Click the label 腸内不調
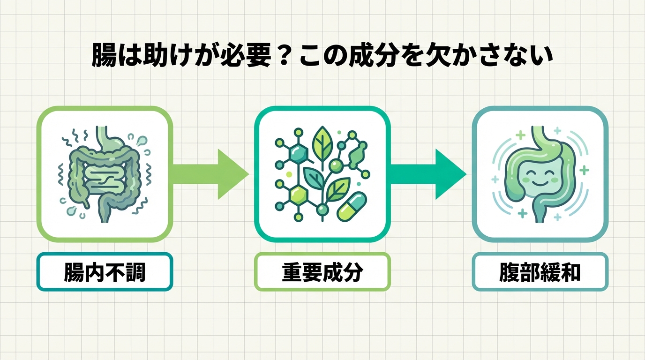tap(105, 272)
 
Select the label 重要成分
tap(322, 272)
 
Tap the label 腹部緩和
tap(540, 272)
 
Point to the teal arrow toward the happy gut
tap(429, 175)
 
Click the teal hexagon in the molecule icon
tap(298, 152)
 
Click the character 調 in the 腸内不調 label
tap(135, 272)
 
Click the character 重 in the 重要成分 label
tap(292, 272)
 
